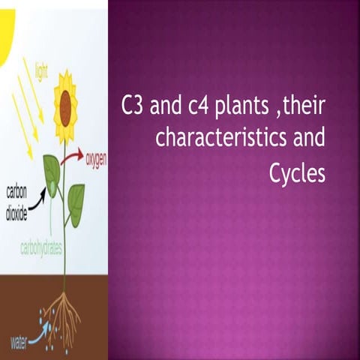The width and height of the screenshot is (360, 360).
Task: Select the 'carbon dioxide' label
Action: click(x=21, y=199)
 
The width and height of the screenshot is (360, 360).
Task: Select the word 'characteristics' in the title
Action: click(x=212, y=139)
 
